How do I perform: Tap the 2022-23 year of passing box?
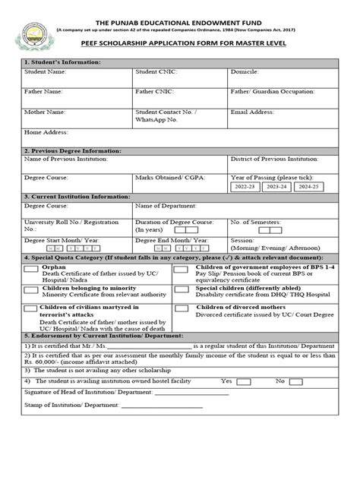[245, 186]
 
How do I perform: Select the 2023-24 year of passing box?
[276, 186]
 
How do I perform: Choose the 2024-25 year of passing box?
[307, 186]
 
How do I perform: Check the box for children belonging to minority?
[31, 289]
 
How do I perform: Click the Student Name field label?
[45, 71]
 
